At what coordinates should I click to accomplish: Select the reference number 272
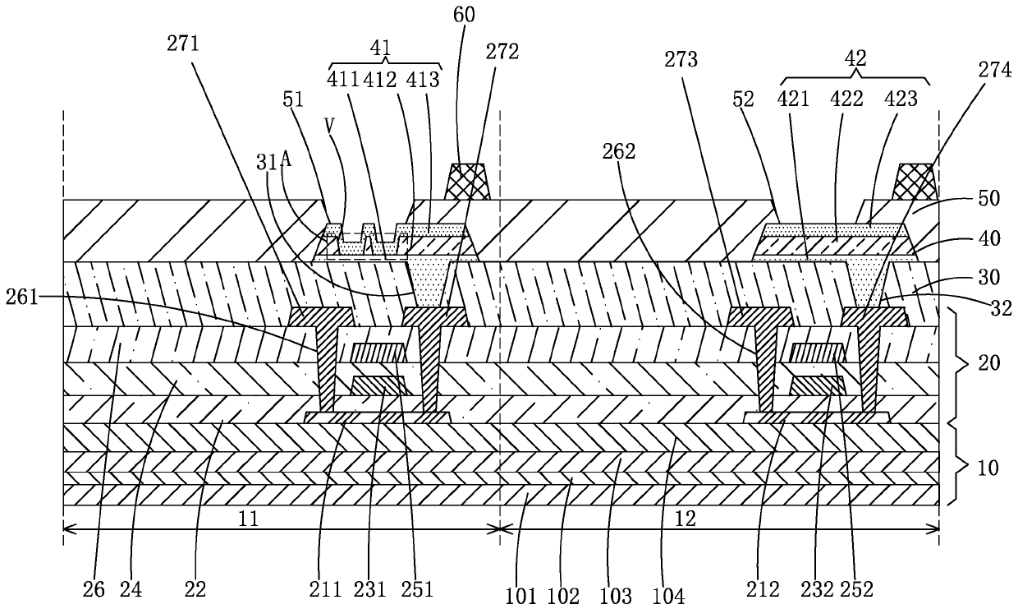[x=502, y=52]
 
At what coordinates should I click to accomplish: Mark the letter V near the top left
[x=329, y=125]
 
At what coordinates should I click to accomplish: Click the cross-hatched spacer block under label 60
[x=467, y=182]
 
